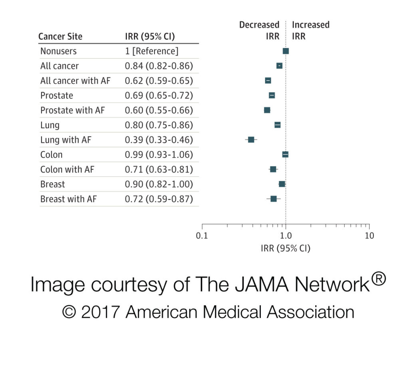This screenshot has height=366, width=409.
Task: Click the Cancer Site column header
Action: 60,37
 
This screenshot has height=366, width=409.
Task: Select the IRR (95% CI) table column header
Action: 150,37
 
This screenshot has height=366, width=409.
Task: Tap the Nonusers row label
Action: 58,51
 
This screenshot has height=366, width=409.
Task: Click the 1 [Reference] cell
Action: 152,51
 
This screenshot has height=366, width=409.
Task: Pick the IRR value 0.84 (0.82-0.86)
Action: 159,66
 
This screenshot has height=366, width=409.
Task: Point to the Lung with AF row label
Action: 66,140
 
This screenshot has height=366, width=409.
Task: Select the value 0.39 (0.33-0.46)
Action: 159,140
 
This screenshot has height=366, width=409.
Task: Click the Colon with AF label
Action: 67,170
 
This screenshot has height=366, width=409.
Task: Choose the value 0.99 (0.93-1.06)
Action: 159,155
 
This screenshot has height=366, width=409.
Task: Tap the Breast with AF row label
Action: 68,199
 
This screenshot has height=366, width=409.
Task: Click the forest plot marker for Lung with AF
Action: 251,140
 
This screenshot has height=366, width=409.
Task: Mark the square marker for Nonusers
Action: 286,51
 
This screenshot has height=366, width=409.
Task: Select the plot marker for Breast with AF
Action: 274,199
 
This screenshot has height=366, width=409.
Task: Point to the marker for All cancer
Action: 279,65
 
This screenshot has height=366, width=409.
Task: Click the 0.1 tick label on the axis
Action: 202,235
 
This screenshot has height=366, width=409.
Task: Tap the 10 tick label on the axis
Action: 369,235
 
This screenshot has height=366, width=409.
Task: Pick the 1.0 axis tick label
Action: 286,235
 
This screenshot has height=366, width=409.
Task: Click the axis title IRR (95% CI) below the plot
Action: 285,248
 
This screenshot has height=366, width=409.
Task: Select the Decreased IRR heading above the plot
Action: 259,30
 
